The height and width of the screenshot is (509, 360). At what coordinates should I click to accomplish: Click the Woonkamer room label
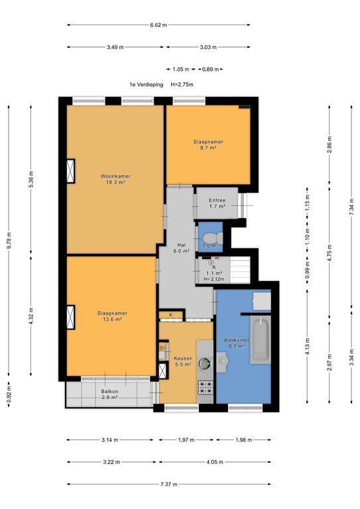coord(115,176)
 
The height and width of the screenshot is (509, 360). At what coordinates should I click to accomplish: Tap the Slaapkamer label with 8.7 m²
coord(208,142)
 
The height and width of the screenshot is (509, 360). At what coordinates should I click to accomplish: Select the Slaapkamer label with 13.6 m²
coord(111,313)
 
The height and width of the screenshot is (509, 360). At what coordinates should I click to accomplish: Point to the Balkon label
coord(110,392)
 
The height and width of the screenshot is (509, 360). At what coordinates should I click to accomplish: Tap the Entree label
coord(217,200)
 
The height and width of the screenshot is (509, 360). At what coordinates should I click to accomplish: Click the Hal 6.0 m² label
coord(182,247)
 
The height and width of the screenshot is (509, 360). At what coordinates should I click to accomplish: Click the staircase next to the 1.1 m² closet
coord(241,270)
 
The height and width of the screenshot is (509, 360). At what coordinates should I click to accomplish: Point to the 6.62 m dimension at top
coord(158,25)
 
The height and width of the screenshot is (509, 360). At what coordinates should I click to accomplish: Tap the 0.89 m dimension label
coord(211,69)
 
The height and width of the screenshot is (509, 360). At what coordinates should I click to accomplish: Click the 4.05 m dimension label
coord(213,462)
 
